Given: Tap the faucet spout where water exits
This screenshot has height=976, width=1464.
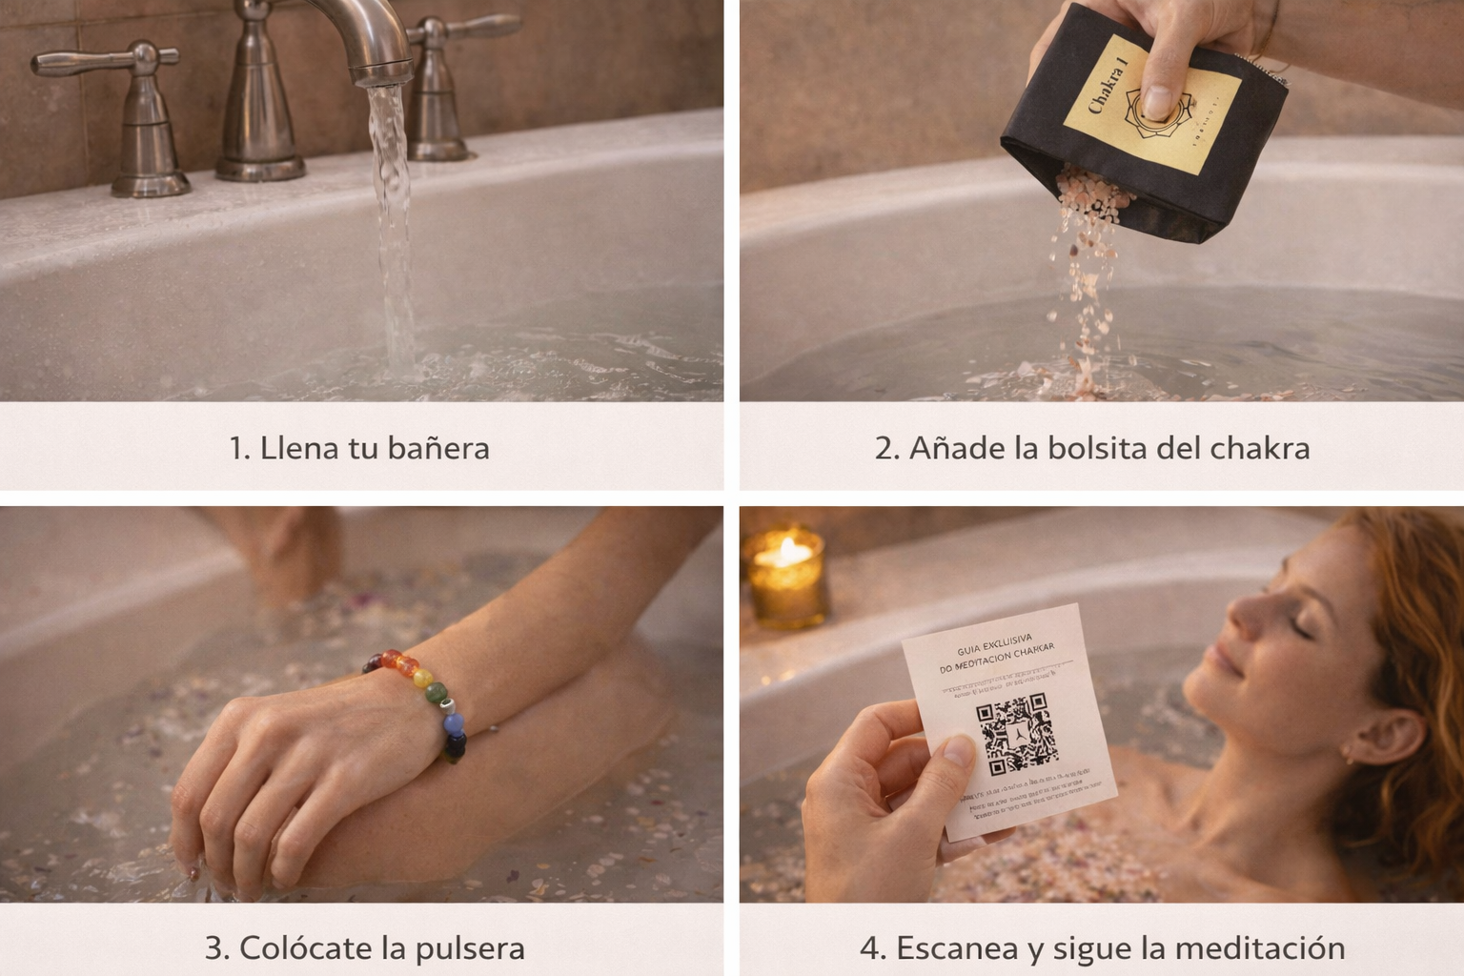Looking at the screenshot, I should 383,76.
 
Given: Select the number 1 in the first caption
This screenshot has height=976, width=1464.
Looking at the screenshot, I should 237,448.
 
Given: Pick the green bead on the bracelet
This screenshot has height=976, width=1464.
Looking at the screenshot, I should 436,693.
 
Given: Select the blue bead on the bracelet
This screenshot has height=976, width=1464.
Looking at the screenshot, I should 454,725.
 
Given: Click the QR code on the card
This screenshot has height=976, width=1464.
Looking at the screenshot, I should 1016,733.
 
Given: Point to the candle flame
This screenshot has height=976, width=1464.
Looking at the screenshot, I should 789,550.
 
